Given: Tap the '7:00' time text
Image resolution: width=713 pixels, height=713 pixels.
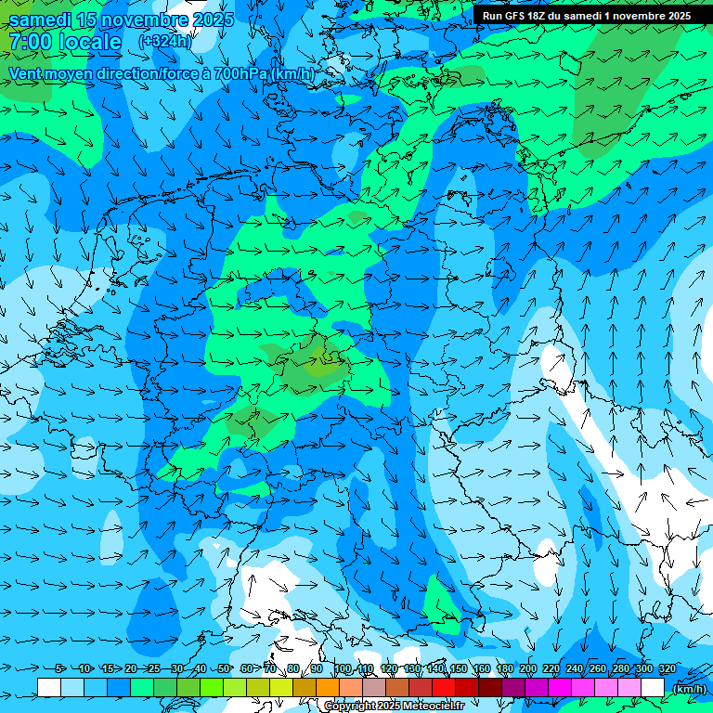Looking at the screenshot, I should tap(29, 42).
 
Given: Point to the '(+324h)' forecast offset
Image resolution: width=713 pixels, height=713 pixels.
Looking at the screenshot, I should tap(165, 42).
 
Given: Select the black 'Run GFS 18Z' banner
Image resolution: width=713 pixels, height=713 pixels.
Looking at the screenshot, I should tap(587, 16).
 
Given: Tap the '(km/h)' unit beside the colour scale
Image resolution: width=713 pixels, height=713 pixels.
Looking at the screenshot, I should tap(688, 688).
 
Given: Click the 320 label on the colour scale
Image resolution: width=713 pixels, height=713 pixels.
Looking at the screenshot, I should tap(668, 668).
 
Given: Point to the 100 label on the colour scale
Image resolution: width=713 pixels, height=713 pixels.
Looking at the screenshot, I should tap(343, 668).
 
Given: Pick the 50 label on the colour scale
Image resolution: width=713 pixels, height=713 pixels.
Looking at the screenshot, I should tap(224, 668).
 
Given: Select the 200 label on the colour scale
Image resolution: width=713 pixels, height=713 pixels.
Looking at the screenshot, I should tap(528, 668).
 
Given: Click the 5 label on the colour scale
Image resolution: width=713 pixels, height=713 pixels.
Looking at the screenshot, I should tap(60, 668).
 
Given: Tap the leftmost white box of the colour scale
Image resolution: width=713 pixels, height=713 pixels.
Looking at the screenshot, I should tap(49, 687).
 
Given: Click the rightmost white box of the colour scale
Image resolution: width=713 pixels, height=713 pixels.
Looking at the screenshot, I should tap(653, 687).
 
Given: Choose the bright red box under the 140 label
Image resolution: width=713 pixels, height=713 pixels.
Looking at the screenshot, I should tap(444, 687).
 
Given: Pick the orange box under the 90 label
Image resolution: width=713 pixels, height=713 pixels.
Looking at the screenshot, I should tap(328, 687).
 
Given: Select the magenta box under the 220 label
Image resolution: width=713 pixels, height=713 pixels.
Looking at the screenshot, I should tap(560, 687).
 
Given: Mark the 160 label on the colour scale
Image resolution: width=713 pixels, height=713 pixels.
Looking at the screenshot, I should tap(482, 668).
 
